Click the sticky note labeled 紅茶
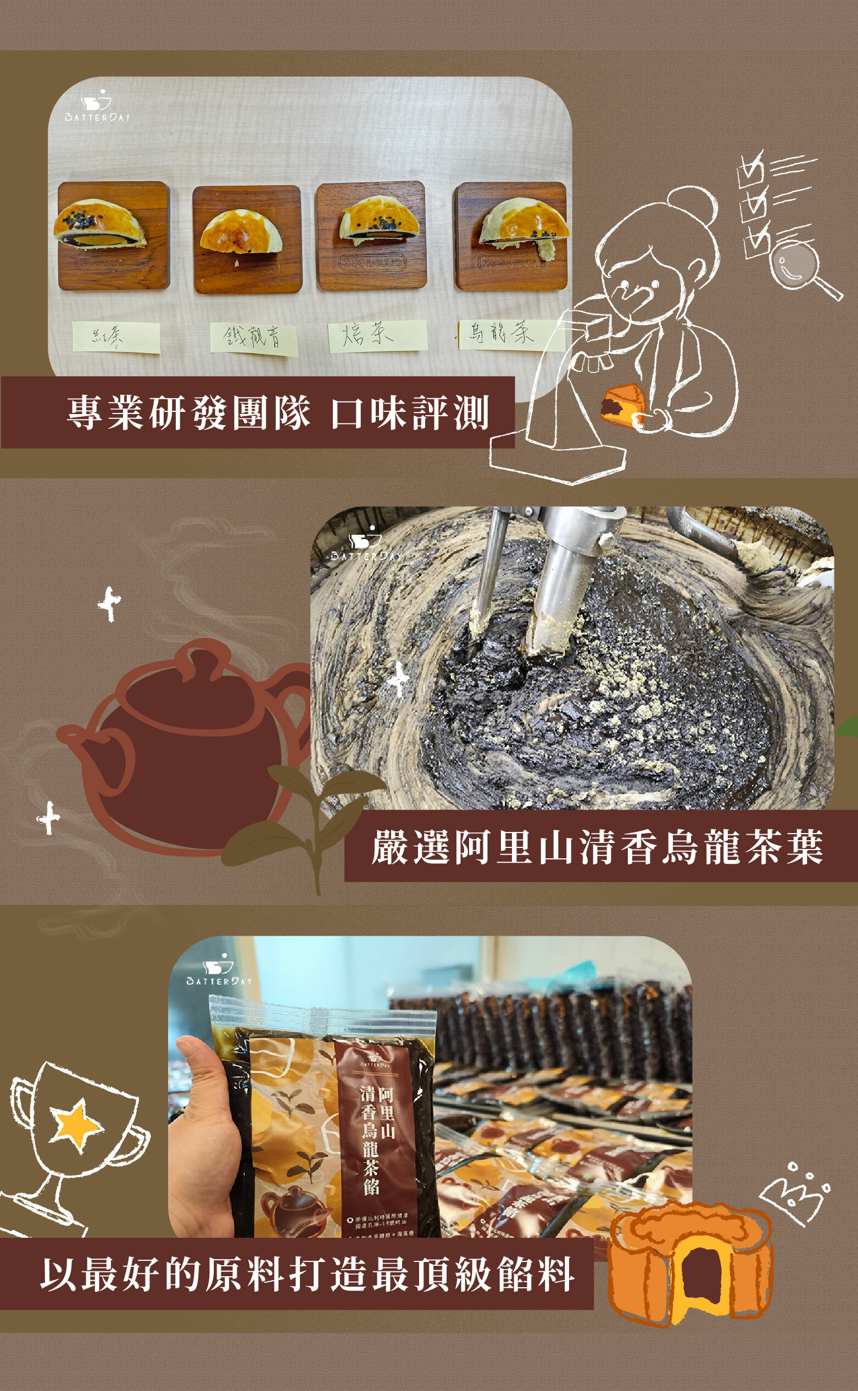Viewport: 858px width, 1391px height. click(116, 337)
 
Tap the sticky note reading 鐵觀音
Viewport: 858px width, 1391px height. click(254, 338)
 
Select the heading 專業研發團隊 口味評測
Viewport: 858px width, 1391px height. click(278, 412)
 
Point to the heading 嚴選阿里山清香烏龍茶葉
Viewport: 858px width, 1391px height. click(597, 847)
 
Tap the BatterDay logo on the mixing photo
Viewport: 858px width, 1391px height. click(365, 546)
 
